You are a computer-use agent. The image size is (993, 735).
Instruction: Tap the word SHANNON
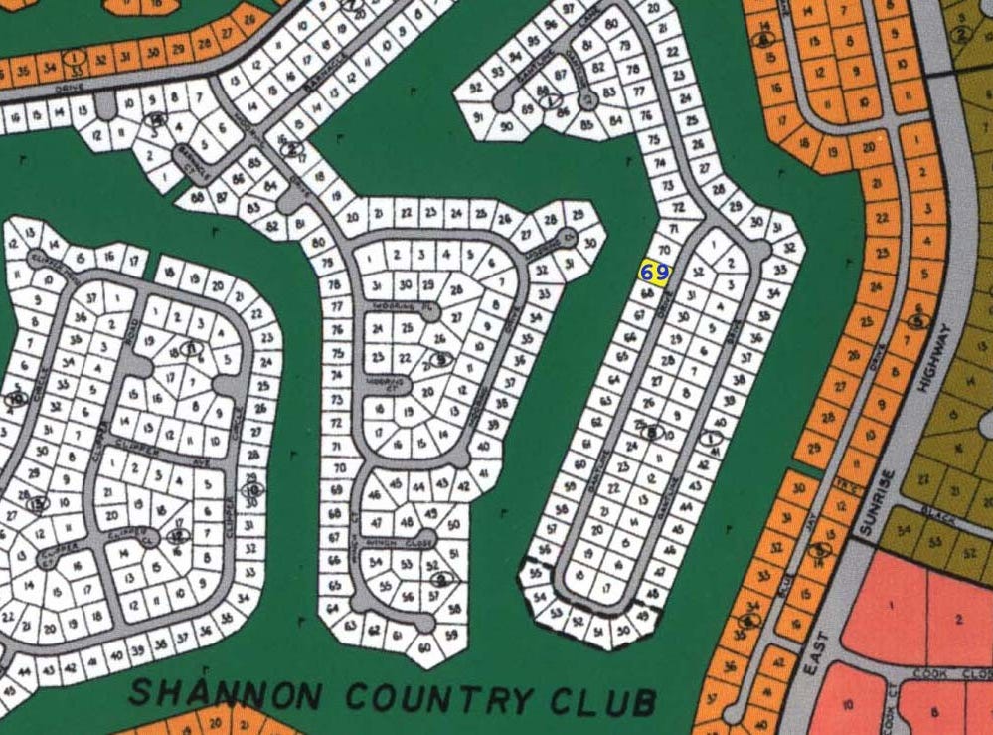pyautogui.click(x=215, y=693)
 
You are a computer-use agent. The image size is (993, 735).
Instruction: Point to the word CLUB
pyautogui.click(x=600, y=701)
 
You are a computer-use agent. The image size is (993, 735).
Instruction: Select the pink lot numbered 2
pyautogui.click(x=958, y=619)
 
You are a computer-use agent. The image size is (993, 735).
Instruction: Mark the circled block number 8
pyautogui.click(x=652, y=431)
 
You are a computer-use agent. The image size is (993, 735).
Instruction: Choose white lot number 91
pyautogui.click(x=478, y=117)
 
